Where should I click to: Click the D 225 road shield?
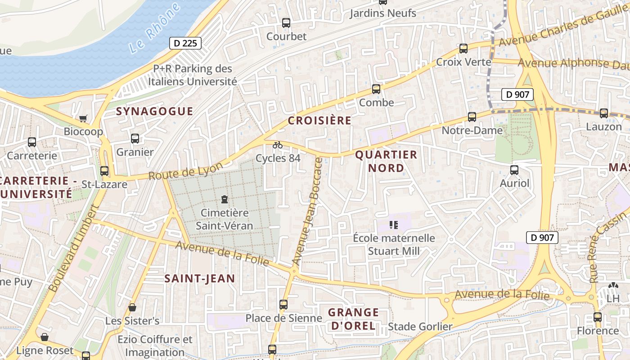click(185, 43)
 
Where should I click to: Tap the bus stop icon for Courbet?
click(286, 23)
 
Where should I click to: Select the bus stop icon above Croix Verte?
click(463, 49)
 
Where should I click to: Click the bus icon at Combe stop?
click(376, 89)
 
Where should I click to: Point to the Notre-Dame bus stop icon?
click(472, 117)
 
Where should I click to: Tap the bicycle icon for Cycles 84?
click(278, 145)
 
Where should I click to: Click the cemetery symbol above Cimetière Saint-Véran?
click(225, 199)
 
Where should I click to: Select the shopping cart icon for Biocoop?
click(83, 118)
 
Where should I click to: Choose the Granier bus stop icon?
click(135, 139)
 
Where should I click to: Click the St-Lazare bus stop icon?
click(104, 171)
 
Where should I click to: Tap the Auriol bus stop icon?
click(514, 170)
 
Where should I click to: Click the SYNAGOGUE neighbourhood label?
click(154, 111)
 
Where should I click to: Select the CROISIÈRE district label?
click(319, 120)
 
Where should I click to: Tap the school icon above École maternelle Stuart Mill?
click(394, 225)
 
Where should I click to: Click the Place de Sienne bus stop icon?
click(283, 305)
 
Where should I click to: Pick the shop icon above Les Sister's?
click(132, 307)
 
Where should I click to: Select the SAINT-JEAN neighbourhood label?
click(199, 279)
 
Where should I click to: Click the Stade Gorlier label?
click(420, 326)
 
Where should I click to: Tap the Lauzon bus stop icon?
click(603, 113)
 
